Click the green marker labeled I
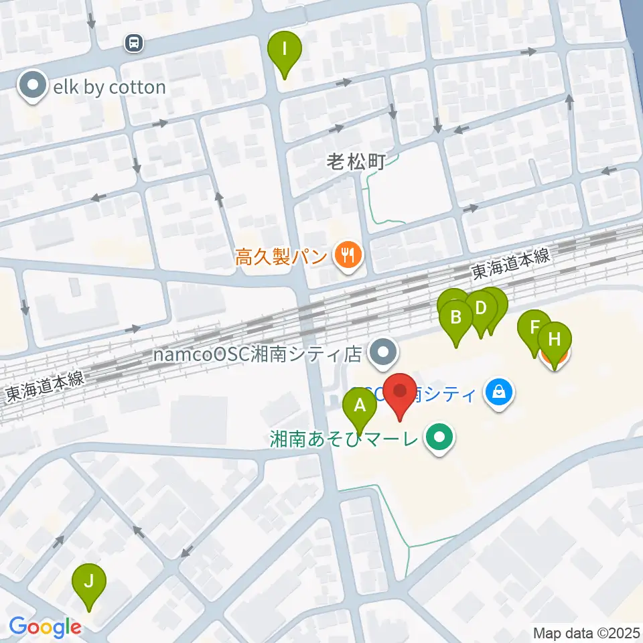tap(285, 50)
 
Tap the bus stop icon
tap(134, 44)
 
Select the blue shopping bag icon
tap(500, 393)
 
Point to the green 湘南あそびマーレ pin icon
tap(440, 439)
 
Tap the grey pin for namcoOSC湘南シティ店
tap(384, 352)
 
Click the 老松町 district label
tap(355, 161)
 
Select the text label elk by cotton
tap(109, 87)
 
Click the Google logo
tap(46, 628)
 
